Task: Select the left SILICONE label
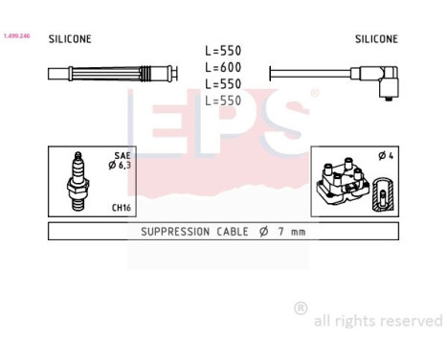(x=70, y=39)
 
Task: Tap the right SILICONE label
(x=376, y=39)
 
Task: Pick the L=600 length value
(x=224, y=67)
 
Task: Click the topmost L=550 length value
(x=224, y=51)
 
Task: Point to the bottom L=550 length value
(x=224, y=100)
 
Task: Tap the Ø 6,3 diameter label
(x=118, y=166)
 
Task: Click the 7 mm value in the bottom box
(x=292, y=232)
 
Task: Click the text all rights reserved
(x=379, y=321)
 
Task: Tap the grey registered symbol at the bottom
(x=301, y=308)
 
